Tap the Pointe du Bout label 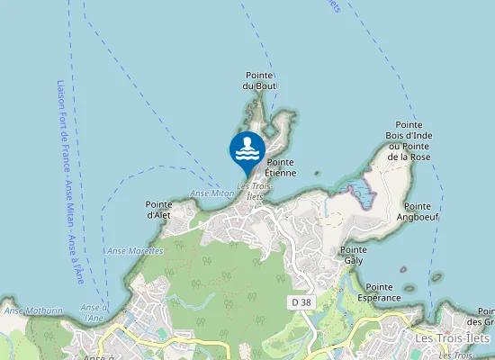click(x=259, y=80)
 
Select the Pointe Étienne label click(x=281, y=167)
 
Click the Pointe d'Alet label click(x=158, y=210)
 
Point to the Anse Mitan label click(x=212, y=193)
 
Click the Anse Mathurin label click(x=33, y=310)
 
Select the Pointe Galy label click(x=353, y=255)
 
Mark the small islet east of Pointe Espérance click(x=437, y=278)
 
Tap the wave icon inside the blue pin click(x=247, y=149)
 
